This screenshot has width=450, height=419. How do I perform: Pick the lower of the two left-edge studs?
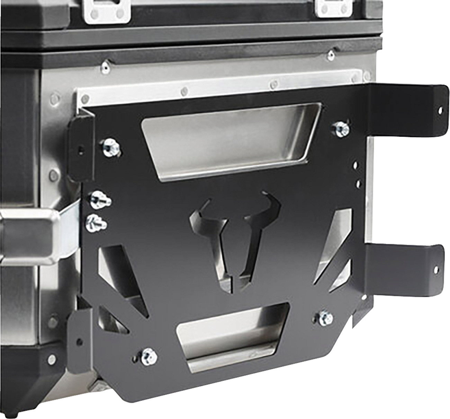pyautogui.click(x=96, y=221)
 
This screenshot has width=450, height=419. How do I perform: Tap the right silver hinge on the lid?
pyautogui.click(x=332, y=8)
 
